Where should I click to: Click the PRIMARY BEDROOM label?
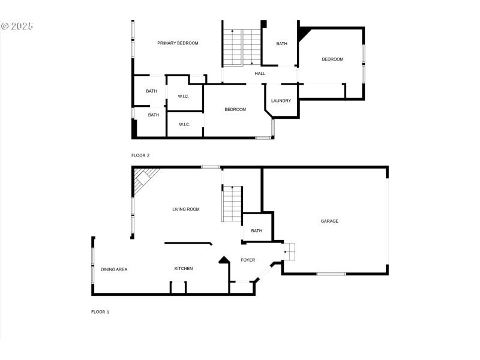tap(178, 43)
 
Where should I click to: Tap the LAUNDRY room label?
tap(281, 101)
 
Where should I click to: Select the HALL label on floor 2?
tap(260, 73)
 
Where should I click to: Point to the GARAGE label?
tap(329, 221)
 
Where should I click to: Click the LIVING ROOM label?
tap(186, 209)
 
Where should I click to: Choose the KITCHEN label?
tap(184, 268)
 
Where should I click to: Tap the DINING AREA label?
tap(114, 269)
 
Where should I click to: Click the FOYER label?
tap(248, 260)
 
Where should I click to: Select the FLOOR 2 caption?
tap(140, 155)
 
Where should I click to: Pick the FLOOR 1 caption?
tap(100, 312)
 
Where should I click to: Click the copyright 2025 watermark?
tap(17, 26)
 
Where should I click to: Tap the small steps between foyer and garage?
tap(289, 251)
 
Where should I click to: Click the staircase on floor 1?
tap(232, 203)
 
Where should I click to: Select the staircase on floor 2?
tap(242, 48)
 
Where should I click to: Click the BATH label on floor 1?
tap(257, 231)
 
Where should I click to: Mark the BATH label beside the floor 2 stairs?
tap(281, 44)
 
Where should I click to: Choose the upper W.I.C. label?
tap(184, 97)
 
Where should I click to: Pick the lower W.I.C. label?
tap(184, 125)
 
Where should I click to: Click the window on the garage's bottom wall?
tap(331, 274)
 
